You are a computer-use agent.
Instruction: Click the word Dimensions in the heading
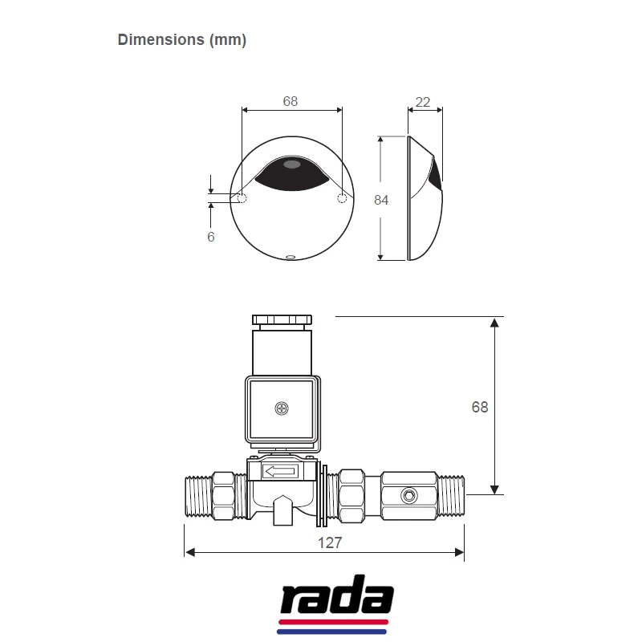[x=160, y=40]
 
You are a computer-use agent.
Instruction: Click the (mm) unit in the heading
[x=228, y=40]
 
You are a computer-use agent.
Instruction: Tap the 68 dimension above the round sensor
[x=291, y=102]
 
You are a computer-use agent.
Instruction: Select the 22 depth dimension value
[x=423, y=102]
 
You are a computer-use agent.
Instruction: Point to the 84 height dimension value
[x=381, y=200]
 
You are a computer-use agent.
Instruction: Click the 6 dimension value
[x=211, y=237]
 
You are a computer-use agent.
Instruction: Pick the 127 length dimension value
[x=330, y=542]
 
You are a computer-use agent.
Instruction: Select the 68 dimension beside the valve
[x=479, y=407]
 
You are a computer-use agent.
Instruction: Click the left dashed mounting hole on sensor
[x=242, y=197]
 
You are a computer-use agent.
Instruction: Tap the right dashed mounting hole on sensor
[x=343, y=197]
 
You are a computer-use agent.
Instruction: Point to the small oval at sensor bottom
[x=291, y=258]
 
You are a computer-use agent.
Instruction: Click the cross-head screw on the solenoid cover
[x=281, y=408]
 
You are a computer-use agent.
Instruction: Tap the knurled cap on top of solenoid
[x=282, y=319]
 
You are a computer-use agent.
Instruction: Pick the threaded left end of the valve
[x=197, y=497]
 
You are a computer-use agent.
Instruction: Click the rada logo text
[x=335, y=598]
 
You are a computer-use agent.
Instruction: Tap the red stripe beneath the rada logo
[x=334, y=622]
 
